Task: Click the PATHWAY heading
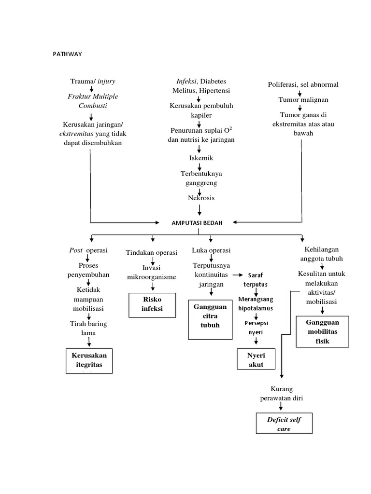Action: click(x=67, y=54)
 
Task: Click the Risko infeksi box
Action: click(x=152, y=304)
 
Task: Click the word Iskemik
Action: click(x=200, y=158)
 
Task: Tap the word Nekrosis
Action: click(x=200, y=198)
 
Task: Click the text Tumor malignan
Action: click(x=303, y=100)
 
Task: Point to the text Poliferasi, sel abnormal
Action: click(x=303, y=84)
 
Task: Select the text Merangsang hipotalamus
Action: click(x=256, y=303)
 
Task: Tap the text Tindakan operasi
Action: click(x=152, y=253)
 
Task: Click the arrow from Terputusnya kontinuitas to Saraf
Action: click(x=238, y=275)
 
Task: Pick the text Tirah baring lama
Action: click(x=88, y=328)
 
